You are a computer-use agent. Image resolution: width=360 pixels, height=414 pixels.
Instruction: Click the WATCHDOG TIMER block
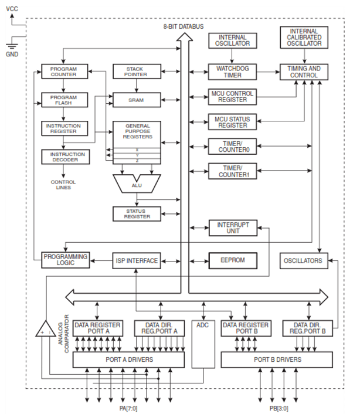232,72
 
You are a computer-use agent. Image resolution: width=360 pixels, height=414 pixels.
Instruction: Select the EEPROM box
233,260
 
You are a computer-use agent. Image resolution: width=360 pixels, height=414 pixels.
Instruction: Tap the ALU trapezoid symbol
137,184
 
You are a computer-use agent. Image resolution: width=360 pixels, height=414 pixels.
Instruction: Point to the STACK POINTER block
137,72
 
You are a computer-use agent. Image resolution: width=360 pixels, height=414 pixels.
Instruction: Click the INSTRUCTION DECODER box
66,157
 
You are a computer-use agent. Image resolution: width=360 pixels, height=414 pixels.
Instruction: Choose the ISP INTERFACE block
137,260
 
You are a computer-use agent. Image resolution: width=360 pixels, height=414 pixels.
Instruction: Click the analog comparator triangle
46,329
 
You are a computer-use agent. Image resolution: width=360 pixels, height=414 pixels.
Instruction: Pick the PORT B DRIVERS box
277,359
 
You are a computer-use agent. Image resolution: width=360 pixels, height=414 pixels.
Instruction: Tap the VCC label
12,9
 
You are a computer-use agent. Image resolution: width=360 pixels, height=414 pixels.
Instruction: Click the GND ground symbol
12,46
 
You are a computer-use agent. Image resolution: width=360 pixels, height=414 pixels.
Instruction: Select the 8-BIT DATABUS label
184,26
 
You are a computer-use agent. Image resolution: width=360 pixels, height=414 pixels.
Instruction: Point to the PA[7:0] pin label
128,408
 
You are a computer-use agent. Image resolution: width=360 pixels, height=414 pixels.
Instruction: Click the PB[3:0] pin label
279,408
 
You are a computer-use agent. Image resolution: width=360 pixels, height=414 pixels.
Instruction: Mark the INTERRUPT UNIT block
233,228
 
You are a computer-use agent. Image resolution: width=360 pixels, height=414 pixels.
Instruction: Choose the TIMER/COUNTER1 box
233,171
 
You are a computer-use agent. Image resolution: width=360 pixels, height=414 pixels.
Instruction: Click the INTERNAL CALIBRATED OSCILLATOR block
304,37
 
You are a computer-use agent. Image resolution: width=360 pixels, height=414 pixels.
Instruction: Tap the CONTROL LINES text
63,185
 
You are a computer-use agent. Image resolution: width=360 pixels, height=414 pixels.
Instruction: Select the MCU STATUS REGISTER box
232,122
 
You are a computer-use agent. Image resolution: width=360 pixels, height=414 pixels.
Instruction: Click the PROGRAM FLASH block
64,100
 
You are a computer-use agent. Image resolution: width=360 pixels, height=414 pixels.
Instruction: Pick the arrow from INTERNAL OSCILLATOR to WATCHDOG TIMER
232,56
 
